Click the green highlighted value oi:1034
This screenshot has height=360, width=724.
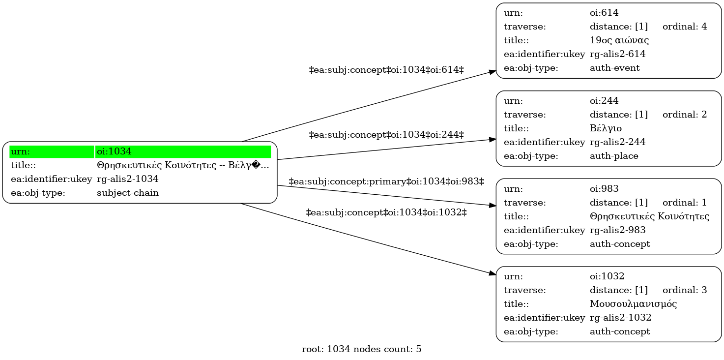pyautogui.click(x=114, y=151)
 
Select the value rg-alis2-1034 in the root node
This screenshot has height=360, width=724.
pyautogui.click(x=128, y=179)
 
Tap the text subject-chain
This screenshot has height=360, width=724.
pyautogui.click(x=128, y=193)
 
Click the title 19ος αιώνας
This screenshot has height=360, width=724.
pyautogui.click(x=619, y=40)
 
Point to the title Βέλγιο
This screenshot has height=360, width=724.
pyautogui.click(x=606, y=128)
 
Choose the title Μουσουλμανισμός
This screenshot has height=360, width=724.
pyautogui.click(x=633, y=304)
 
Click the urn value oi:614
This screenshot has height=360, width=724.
pyautogui.click(x=604, y=13)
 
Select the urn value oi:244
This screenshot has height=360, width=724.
pyautogui.click(x=604, y=101)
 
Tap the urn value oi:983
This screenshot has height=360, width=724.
pyautogui.click(x=604, y=188)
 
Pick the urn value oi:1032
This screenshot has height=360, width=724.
pyautogui.click(x=607, y=276)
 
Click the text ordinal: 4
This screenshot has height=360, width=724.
pyautogui.click(x=685, y=27)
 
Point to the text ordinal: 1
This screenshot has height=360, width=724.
pyautogui.click(x=685, y=203)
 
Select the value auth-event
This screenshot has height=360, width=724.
pyautogui.click(x=614, y=68)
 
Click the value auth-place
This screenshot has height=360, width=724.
pyautogui.click(x=614, y=156)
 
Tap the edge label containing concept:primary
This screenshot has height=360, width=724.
pyautogui.click(x=386, y=181)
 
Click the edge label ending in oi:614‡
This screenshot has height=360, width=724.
pyautogui.click(x=386, y=70)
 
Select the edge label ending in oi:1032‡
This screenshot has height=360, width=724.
pyautogui.click(x=386, y=212)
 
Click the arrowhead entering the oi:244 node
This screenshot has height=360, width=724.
pyautogui.click(x=492, y=139)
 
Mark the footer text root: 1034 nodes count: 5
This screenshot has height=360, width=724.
pyautogui.click(x=361, y=349)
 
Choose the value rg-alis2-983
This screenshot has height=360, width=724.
pyautogui.click(x=617, y=230)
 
